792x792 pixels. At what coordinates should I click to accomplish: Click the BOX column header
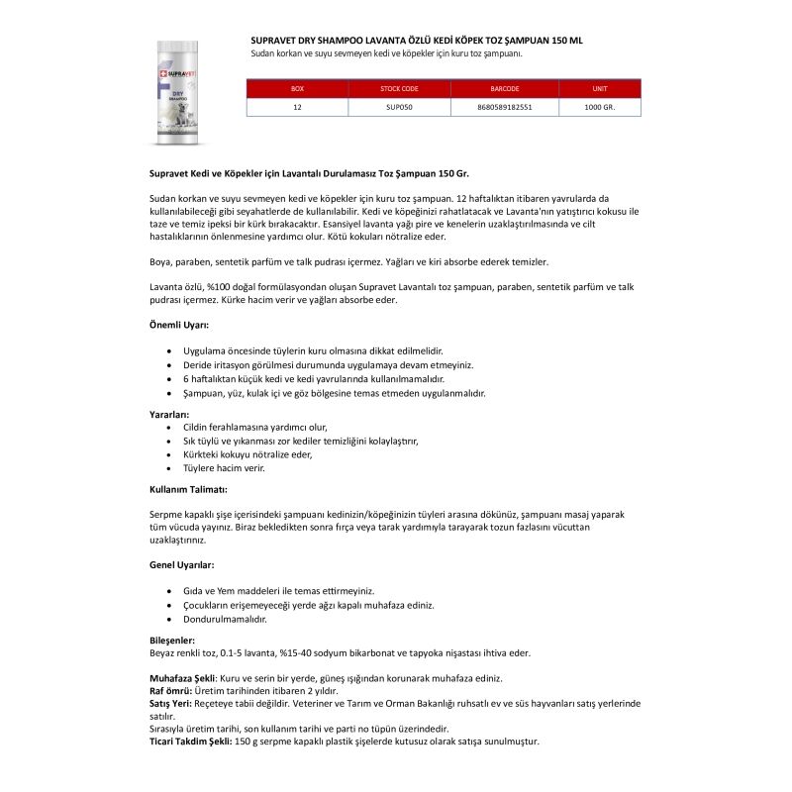(x=297, y=89)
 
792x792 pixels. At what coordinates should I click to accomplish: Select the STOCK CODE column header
(x=399, y=89)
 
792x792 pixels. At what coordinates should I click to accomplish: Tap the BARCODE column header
(x=504, y=89)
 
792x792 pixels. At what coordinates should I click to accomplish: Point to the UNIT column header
(x=599, y=89)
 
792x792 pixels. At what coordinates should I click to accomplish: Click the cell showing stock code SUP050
(x=399, y=106)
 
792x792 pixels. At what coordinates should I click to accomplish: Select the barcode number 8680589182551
(x=504, y=106)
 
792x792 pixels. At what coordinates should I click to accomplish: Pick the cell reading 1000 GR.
(x=599, y=106)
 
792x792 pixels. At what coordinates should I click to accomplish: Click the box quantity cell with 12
(x=297, y=106)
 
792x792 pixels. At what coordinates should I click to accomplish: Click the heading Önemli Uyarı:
(x=178, y=324)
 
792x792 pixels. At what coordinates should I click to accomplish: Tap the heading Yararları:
(x=169, y=414)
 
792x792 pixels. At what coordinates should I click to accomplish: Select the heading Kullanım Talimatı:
(x=189, y=490)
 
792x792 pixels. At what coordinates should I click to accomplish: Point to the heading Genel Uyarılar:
(x=181, y=564)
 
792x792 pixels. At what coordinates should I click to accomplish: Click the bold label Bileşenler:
(x=172, y=641)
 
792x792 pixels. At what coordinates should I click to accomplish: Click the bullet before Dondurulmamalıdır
(x=172, y=619)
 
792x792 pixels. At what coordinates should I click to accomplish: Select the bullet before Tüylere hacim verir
(x=172, y=467)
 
